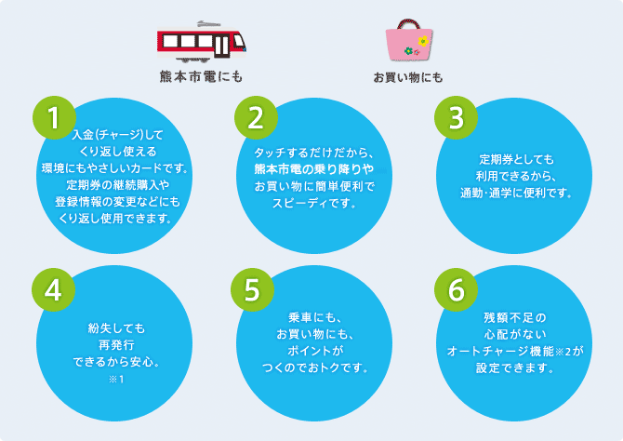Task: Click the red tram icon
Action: [x=202, y=39]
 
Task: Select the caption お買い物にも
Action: [x=407, y=76]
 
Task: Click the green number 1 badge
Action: [x=54, y=117]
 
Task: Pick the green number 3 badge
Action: [x=456, y=117]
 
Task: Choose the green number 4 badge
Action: [x=54, y=290]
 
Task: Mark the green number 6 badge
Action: [x=456, y=290]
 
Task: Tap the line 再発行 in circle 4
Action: [x=116, y=341]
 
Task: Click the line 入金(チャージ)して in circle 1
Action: [x=116, y=135]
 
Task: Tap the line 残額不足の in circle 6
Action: [x=515, y=317]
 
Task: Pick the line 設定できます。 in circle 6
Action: [x=515, y=367]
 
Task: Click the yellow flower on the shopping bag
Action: [x=423, y=41]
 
